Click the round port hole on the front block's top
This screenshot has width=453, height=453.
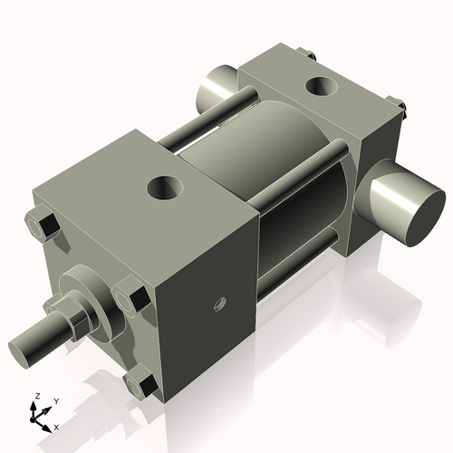[x=167, y=189]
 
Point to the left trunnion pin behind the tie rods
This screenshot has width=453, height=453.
[x=215, y=88]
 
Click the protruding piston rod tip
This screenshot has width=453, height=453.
[x=28, y=346]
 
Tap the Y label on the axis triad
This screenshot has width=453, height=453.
[x=55, y=400]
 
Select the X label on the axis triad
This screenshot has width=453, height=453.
[x=56, y=426]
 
